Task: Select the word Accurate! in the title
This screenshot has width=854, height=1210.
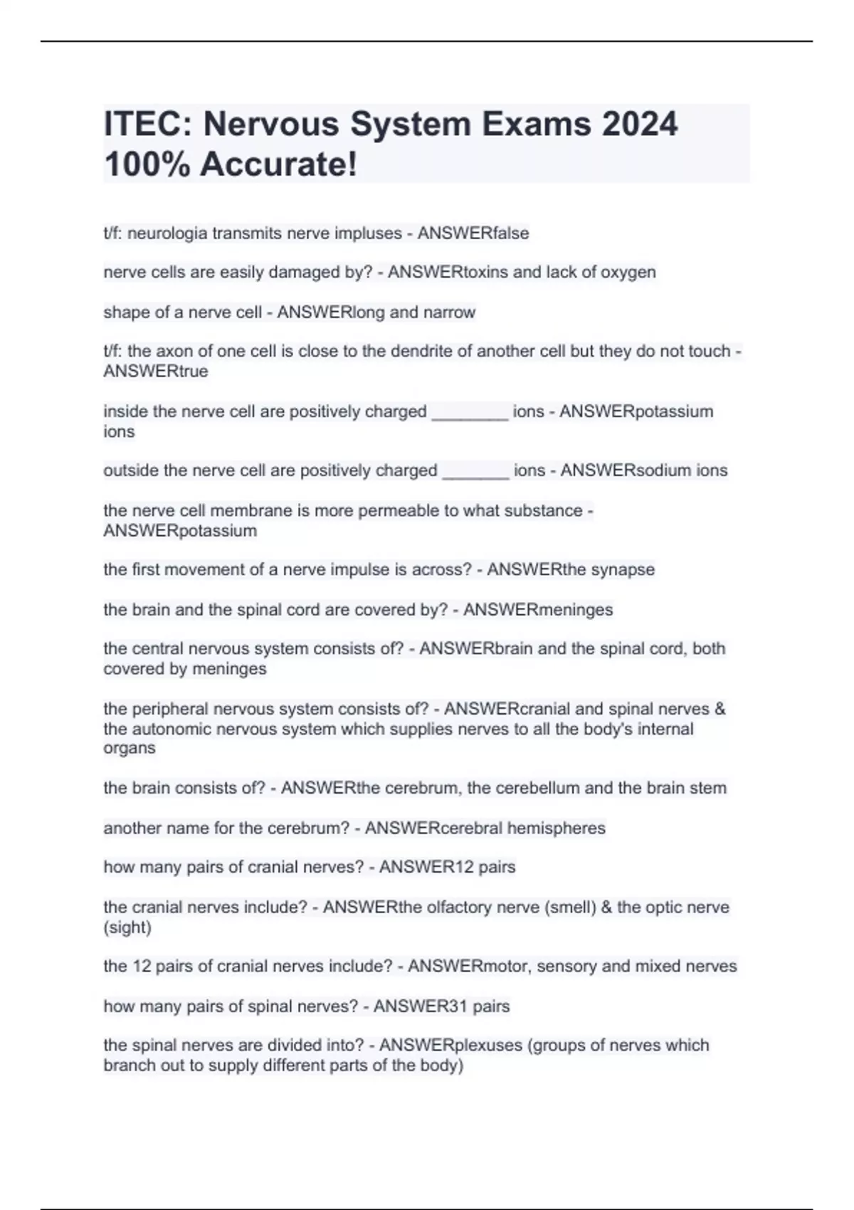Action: click(x=278, y=164)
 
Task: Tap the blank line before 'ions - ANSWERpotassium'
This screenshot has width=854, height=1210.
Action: click(x=470, y=412)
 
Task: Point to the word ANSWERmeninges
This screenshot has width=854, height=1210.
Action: click(x=537, y=609)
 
